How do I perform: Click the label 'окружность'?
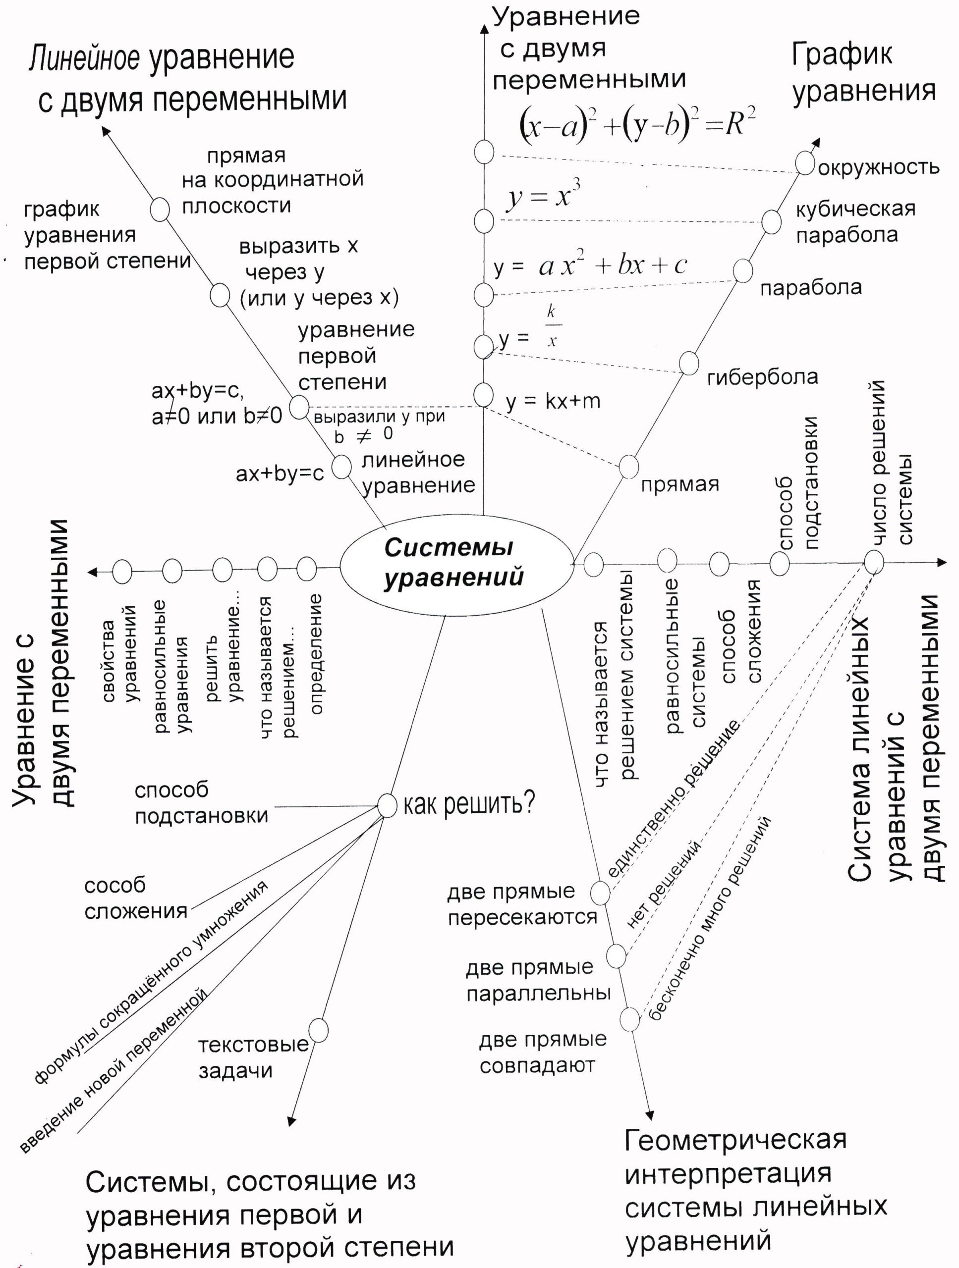click(x=878, y=168)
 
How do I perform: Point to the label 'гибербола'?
click(x=762, y=377)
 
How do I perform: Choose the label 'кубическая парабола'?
click(x=854, y=222)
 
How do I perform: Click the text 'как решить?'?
click(x=469, y=804)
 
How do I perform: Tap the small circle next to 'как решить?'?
click(x=387, y=805)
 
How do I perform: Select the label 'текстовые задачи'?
click(x=253, y=1058)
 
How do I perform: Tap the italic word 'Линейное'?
click(x=84, y=58)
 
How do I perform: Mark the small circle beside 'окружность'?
click(x=805, y=163)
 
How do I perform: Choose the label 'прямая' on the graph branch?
click(x=679, y=484)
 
